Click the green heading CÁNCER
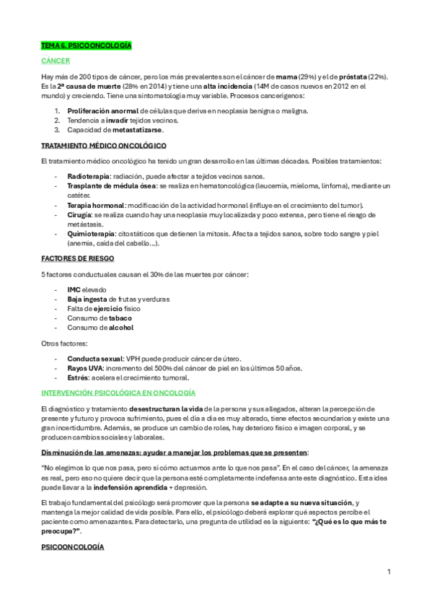pyautogui.click(x=55, y=61)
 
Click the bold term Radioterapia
pyautogui.click(x=89, y=177)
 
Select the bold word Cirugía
pyautogui.click(x=79, y=215)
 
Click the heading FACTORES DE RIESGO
pyautogui.click(x=76, y=258)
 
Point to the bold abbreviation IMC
pyautogui.click(x=74, y=289)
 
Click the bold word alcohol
pyautogui.click(x=120, y=327)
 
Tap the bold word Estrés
pyautogui.click(x=78, y=377)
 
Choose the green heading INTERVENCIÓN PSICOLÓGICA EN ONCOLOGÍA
pyautogui.click(x=118, y=393)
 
